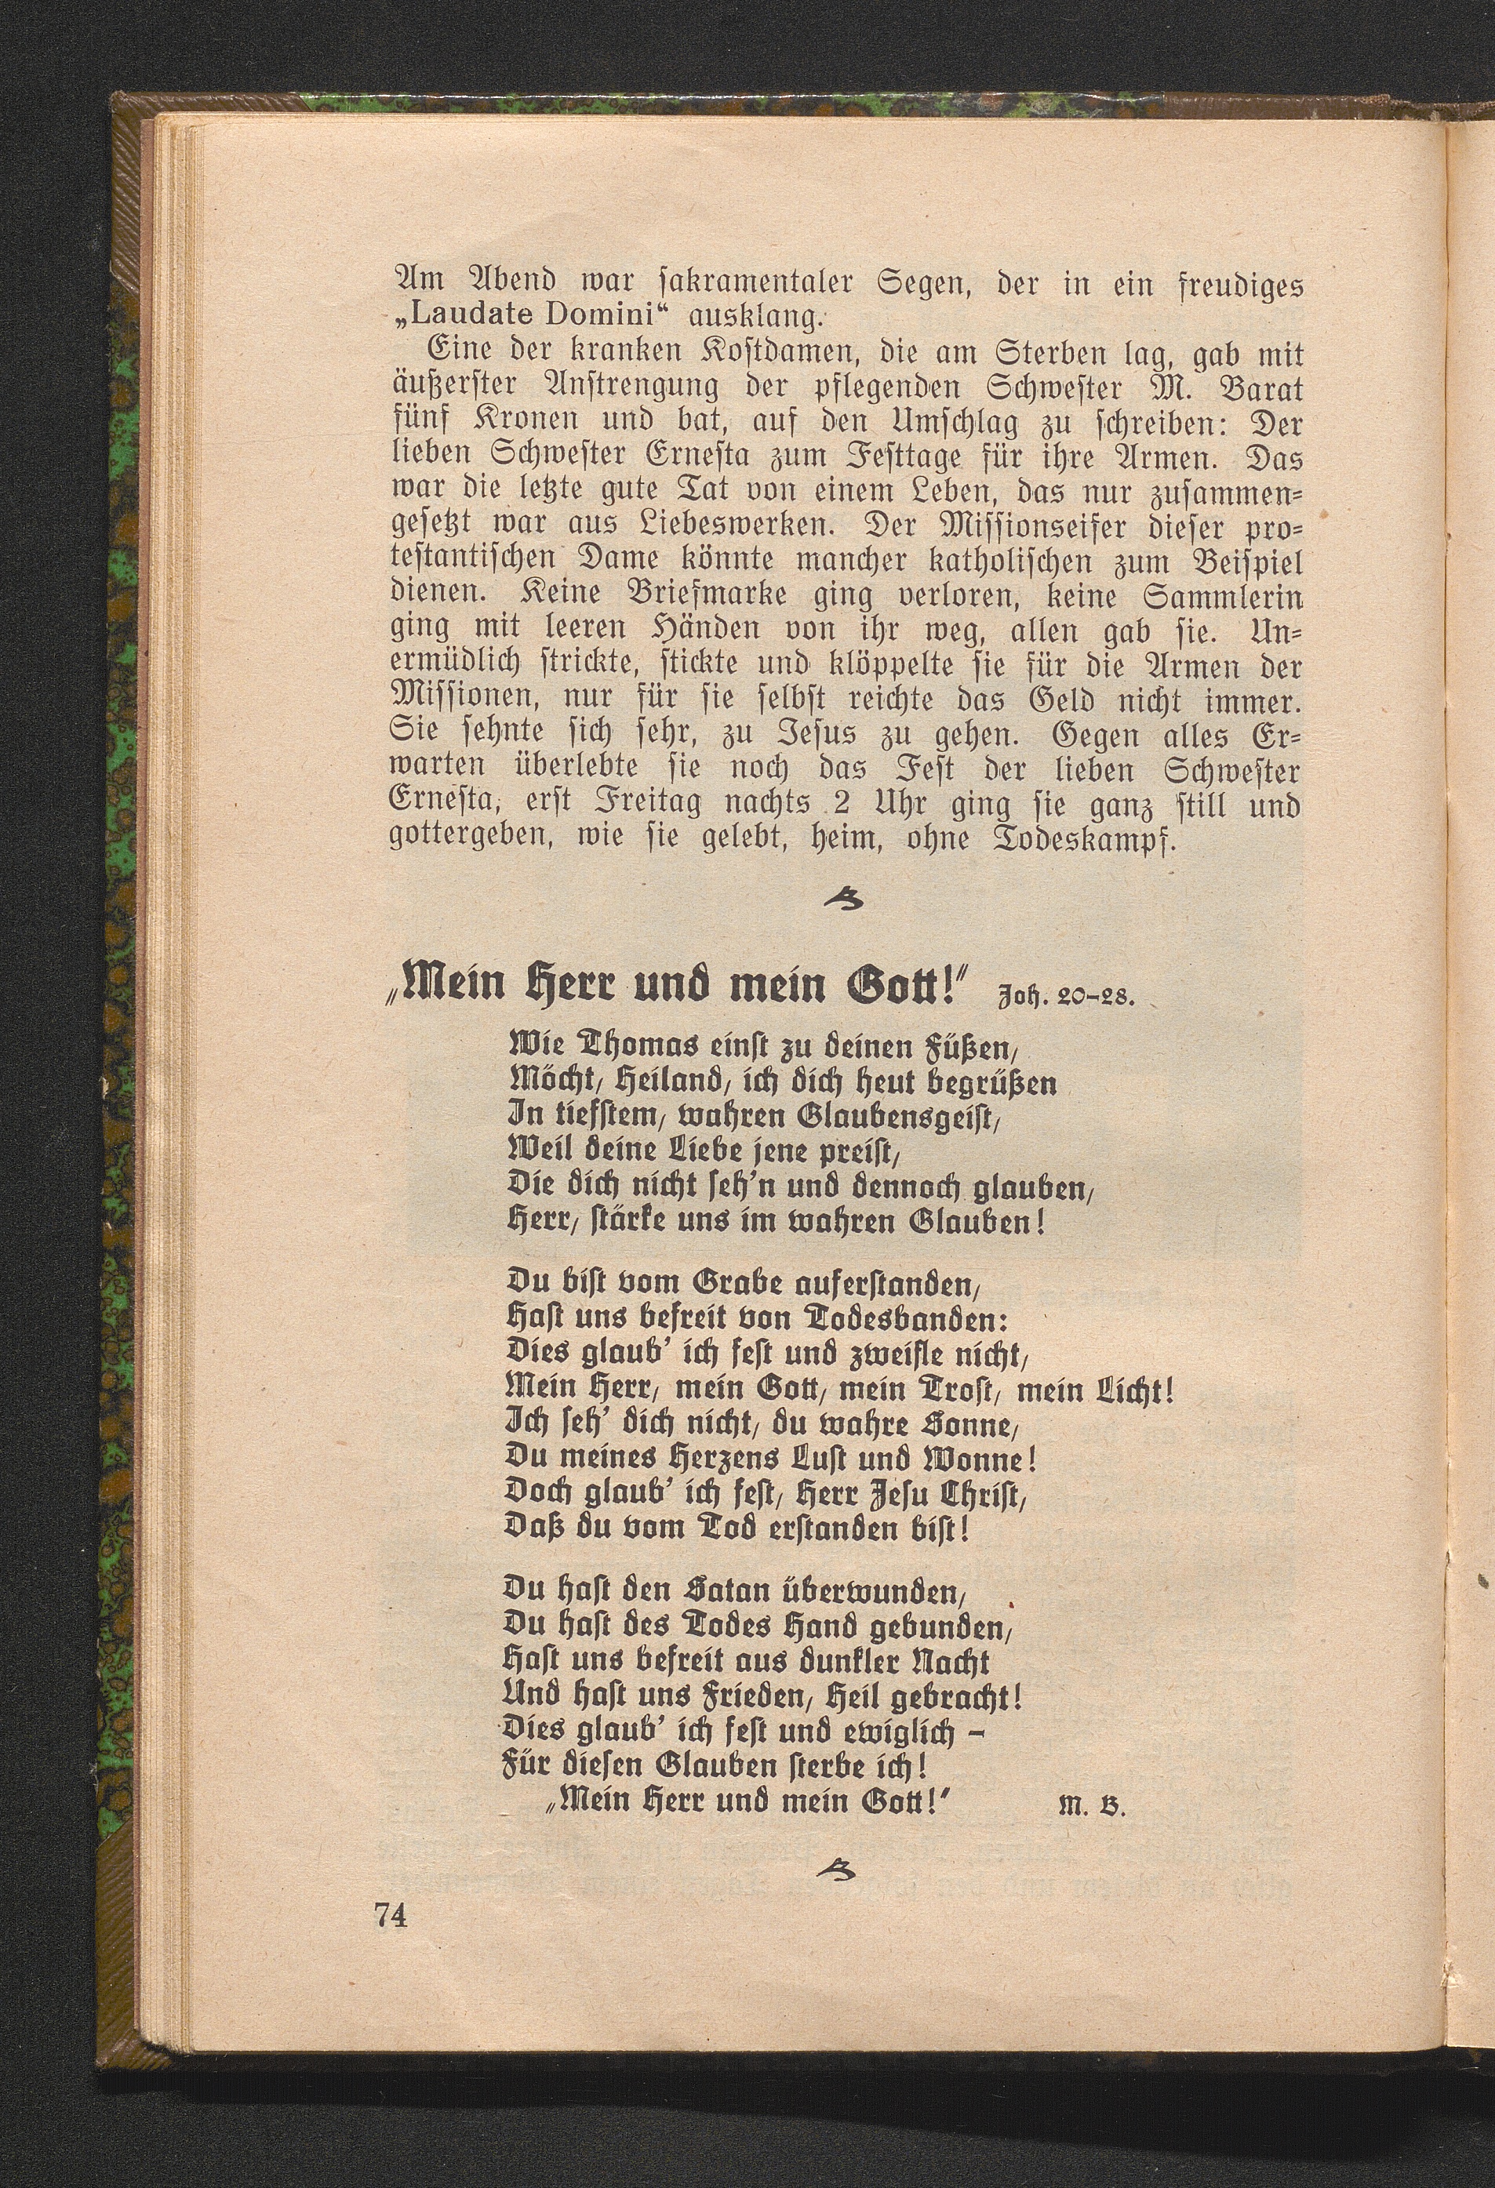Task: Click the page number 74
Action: [391, 1914]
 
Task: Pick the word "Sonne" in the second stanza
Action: [965, 1424]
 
